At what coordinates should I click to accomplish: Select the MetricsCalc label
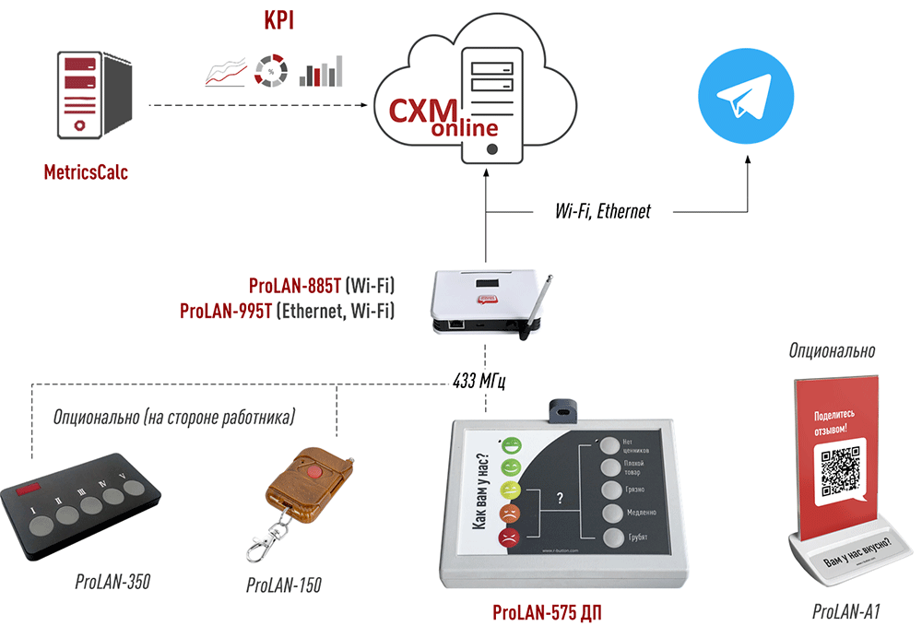[x=86, y=171]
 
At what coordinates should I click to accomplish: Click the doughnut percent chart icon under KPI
[x=271, y=71]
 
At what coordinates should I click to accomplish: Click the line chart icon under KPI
[x=225, y=73]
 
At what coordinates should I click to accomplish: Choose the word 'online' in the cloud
[x=466, y=129]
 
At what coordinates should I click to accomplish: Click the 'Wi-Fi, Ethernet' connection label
[x=602, y=211]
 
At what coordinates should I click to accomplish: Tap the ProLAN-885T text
[x=294, y=287]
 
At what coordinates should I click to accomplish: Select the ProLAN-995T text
[x=226, y=312]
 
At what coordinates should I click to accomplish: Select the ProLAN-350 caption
[x=112, y=581]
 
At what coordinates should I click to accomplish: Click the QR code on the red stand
[x=840, y=469]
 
